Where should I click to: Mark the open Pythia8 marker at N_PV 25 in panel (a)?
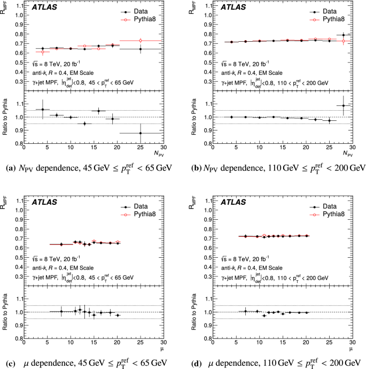[x=141, y=41]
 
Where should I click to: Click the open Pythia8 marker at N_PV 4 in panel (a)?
[x=43, y=52]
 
